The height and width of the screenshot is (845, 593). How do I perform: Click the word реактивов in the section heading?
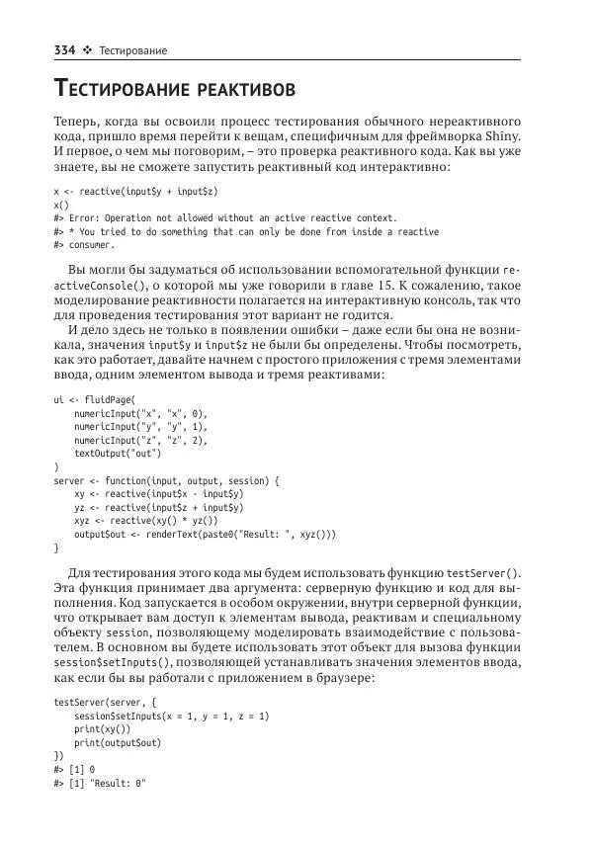point(242,91)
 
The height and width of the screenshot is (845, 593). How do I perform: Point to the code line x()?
point(61,204)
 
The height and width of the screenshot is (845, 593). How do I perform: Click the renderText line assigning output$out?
point(205,534)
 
